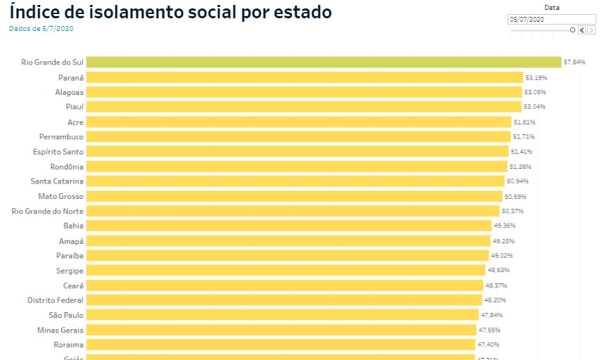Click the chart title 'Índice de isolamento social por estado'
pos(170,13)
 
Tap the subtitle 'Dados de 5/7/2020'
pos(41,29)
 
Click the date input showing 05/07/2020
pos(551,20)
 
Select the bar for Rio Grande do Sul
pos(323,62)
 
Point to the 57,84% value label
pos(574,63)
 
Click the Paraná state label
pos(71,77)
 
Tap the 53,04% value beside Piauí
pos(534,107)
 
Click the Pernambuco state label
pos(61,136)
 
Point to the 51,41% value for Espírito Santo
pos(522,152)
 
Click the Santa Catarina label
pos(57,181)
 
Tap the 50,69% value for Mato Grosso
pos(515,197)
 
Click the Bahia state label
pos(73,226)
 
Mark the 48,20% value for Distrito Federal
pos(496,300)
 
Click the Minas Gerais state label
pos(60,330)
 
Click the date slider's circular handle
pos(572,30)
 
